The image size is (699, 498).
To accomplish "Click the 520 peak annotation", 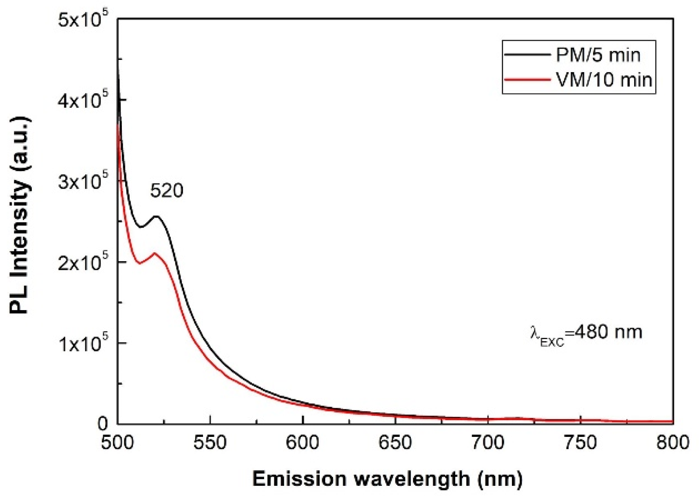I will (167, 190).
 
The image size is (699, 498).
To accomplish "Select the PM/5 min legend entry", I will (598, 55).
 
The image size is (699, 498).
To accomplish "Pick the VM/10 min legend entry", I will (604, 79).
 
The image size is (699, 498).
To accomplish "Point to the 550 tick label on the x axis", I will (210, 443).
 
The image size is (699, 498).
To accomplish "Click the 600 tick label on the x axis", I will (302, 443).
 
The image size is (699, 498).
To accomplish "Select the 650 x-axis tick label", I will (395, 443).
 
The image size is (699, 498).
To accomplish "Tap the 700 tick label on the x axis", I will (488, 443).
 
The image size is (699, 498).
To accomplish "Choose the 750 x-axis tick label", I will (580, 443).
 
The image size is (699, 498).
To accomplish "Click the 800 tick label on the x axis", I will (673, 443).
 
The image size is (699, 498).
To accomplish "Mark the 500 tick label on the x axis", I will (118, 443).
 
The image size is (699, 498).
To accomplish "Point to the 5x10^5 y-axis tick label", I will (83, 19).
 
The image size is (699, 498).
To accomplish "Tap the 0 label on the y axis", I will (102, 424).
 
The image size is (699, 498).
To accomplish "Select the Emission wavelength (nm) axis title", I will (387, 478).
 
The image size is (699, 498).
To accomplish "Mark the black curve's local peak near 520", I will (156, 216).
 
